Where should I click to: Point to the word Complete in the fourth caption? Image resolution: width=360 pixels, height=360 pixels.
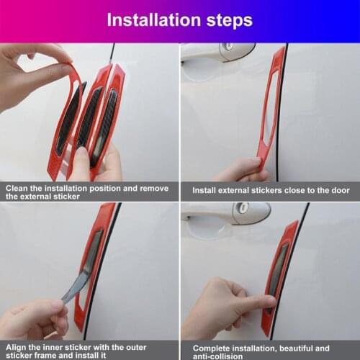pos(215,346)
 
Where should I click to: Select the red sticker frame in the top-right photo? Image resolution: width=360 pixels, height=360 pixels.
pos(271,108)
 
